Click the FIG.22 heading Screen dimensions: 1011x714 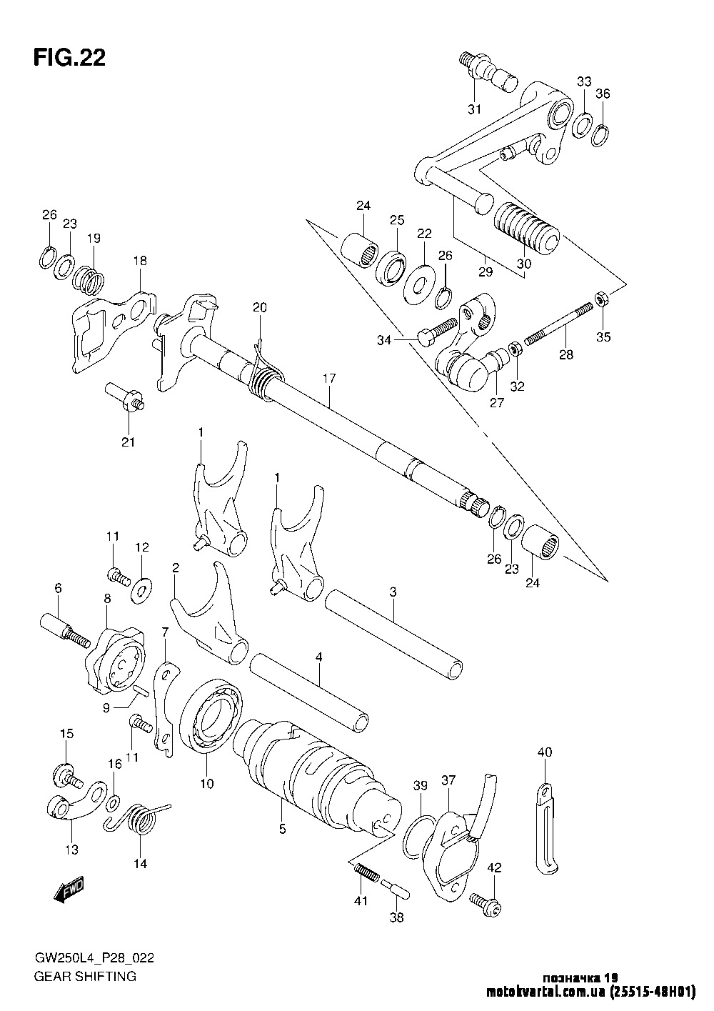point(69,58)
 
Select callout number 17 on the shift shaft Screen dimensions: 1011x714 point(328,379)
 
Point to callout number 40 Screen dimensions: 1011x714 point(545,752)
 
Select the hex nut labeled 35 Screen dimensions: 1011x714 point(602,299)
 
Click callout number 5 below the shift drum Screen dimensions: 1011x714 point(283,830)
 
